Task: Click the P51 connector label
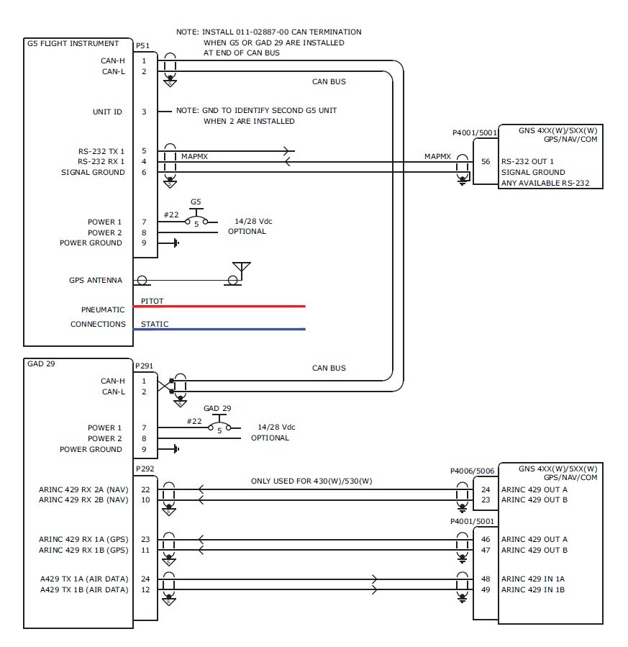[x=142, y=46]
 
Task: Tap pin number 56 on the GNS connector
[x=486, y=162]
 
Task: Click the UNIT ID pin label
[x=107, y=112]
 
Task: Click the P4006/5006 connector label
[x=473, y=472]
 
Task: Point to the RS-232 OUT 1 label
[x=527, y=162]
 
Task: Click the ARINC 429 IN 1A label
[x=533, y=579]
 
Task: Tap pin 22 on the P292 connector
[x=144, y=489]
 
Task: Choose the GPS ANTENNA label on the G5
[x=96, y=281]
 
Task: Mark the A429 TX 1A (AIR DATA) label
[x=83, y=579]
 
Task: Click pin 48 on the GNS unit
[x=486, y=579]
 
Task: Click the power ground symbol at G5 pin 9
[x=174, y=243]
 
